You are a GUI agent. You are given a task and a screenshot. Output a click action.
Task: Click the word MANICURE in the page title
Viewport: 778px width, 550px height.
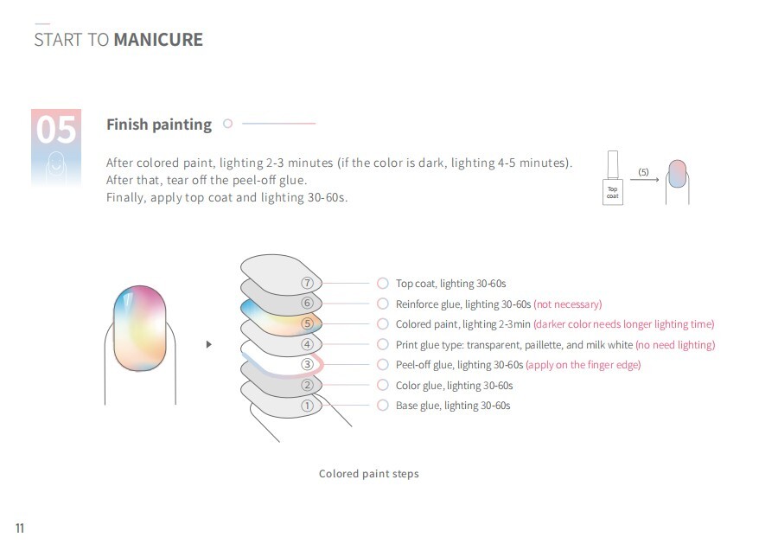point(158,40)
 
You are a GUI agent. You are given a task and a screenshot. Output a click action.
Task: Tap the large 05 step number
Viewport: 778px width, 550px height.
point(56,130)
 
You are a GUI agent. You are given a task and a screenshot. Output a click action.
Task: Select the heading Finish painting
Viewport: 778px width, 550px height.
point(159,125)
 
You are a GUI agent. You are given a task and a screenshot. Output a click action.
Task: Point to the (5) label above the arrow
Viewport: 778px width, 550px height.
point(643,172)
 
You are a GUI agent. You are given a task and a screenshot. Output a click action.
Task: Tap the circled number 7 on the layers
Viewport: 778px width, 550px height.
point(307,283)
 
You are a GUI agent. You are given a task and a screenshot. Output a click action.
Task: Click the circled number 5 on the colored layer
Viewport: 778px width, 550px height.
point(307,323)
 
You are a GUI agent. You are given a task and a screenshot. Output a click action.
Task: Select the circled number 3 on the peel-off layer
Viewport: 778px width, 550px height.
point(307,364)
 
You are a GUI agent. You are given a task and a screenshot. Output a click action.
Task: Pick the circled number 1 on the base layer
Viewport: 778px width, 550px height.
point(307,406)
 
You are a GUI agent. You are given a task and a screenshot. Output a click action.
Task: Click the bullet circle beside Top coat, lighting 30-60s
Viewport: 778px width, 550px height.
point(383,283)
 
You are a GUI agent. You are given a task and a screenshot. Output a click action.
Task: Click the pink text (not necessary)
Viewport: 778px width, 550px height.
point(568,304)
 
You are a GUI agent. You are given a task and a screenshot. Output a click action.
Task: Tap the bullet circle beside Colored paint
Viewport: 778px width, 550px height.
point(383,323)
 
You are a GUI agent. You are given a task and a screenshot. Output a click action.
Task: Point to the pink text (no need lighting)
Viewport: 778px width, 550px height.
point(675,344)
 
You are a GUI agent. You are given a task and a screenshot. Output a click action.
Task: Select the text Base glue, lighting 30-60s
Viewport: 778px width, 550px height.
point(453,406)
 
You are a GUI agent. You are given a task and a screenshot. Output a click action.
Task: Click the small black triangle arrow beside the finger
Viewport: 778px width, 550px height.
point(209,344)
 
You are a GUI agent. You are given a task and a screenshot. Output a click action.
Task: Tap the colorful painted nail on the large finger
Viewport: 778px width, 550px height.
point(140,328)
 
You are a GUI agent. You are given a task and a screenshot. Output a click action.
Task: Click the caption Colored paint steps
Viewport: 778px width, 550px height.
point(368,474)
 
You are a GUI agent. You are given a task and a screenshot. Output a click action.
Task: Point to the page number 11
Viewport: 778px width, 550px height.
point(20,528)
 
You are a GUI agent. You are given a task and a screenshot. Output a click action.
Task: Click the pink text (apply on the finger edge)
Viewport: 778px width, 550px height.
point(583,365)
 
